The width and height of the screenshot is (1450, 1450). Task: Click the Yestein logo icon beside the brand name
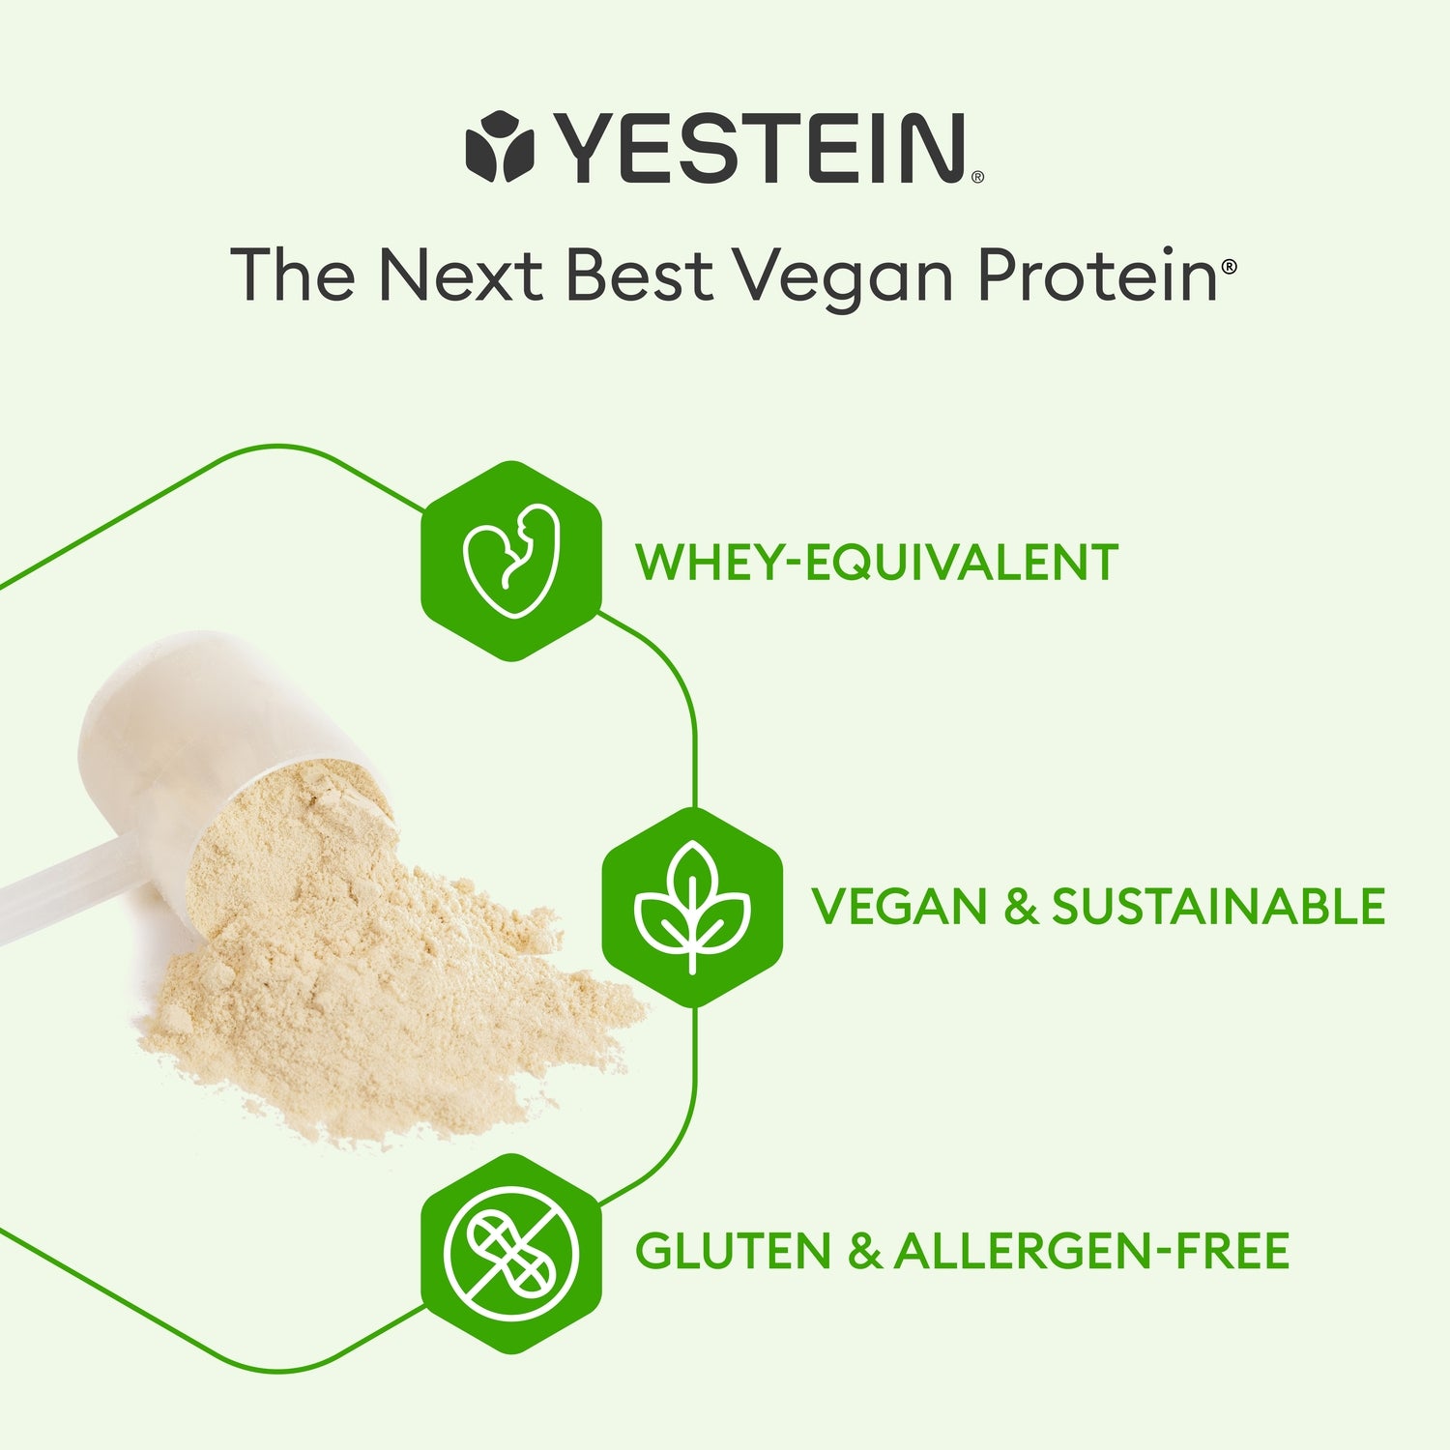pyautogui.click(x=500, y=147)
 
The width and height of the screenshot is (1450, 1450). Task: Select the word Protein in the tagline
pyautogui.click(x=1097, y=276)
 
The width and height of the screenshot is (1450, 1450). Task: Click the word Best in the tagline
pyautogui.click(x=639, y=275)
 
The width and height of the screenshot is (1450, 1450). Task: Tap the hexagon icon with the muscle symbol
pyautogui.click(x=511, y=562)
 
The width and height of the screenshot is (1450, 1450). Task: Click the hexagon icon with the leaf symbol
pyautogui.click(x=692, y=907)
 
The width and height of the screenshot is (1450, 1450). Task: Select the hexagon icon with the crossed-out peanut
pyautogui.click(x=511, y=1253)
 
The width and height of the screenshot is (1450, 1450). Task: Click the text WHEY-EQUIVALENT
pyautogui.click(x=877, y=563)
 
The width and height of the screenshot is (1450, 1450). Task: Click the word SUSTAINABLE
pyautogui.click(x=1218, y=907)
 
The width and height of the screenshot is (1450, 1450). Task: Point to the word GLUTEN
pyautogui.click(x=734, y=1251)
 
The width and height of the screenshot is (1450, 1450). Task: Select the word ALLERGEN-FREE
pyautogui.click(x=1091, y=1251)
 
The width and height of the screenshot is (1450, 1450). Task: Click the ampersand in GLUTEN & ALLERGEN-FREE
pyautogui.click(x=863, y=1251)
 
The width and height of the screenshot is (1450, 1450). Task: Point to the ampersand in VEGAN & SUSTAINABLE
pyautogui.click(x=1020, y=907)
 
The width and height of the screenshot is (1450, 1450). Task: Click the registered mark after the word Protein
pyautogui.click(x=1229, y=267)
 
